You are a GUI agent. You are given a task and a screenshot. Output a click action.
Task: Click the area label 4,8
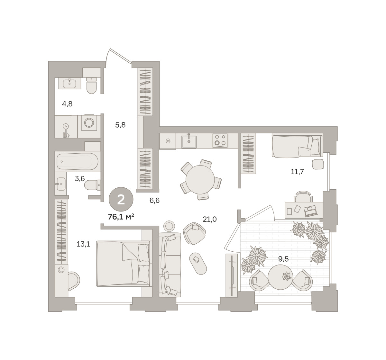coord(67,104)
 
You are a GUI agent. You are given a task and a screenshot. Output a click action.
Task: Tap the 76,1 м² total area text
coord(121,217)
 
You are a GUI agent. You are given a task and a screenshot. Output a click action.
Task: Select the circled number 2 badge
coord(121,199)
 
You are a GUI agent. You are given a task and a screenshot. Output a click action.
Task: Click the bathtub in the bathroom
coord(78,161)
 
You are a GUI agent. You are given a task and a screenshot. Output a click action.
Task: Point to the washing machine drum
coord(89,123)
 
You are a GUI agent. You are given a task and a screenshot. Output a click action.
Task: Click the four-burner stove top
coord(220,141)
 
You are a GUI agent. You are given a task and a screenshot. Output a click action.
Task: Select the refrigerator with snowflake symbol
coord(168,141)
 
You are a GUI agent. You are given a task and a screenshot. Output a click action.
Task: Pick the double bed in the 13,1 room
coord(123,264)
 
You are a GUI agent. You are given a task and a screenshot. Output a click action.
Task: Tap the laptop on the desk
coord(311,211)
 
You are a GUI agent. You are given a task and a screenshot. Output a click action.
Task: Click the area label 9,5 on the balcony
coord(283,259)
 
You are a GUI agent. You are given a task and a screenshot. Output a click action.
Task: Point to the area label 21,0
coord(209,219)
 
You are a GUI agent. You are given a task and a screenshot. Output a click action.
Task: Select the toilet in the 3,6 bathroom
coord(92,185)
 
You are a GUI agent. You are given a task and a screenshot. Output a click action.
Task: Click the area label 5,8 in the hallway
coord(120,125)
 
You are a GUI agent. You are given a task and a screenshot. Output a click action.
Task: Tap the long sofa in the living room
coord(170,265)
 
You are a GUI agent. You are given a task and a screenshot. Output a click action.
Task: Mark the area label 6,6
coord(154,200)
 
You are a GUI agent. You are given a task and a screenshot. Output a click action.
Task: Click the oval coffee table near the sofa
coord(198,264)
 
